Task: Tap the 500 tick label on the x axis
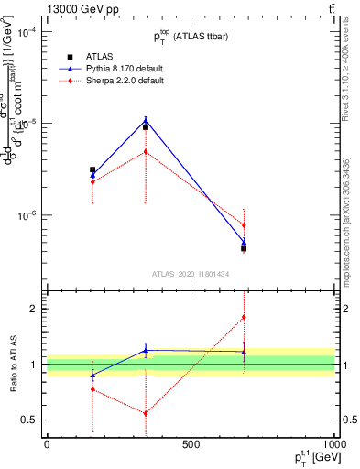pyautogui.click(x=191, y=444)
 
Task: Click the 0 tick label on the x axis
pyautogui.click(x=47, y=444)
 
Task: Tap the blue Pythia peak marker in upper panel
pyautogui.click(x=146, y=119)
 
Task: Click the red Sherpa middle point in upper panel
pyautogui.click(x=146, y=152)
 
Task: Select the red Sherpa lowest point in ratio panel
pyautogui.click(x=146, y=413)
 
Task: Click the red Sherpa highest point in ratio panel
pyautogui.click(x=244, y=317)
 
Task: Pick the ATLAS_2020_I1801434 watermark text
pyautogui.click(x=191, y=274)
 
